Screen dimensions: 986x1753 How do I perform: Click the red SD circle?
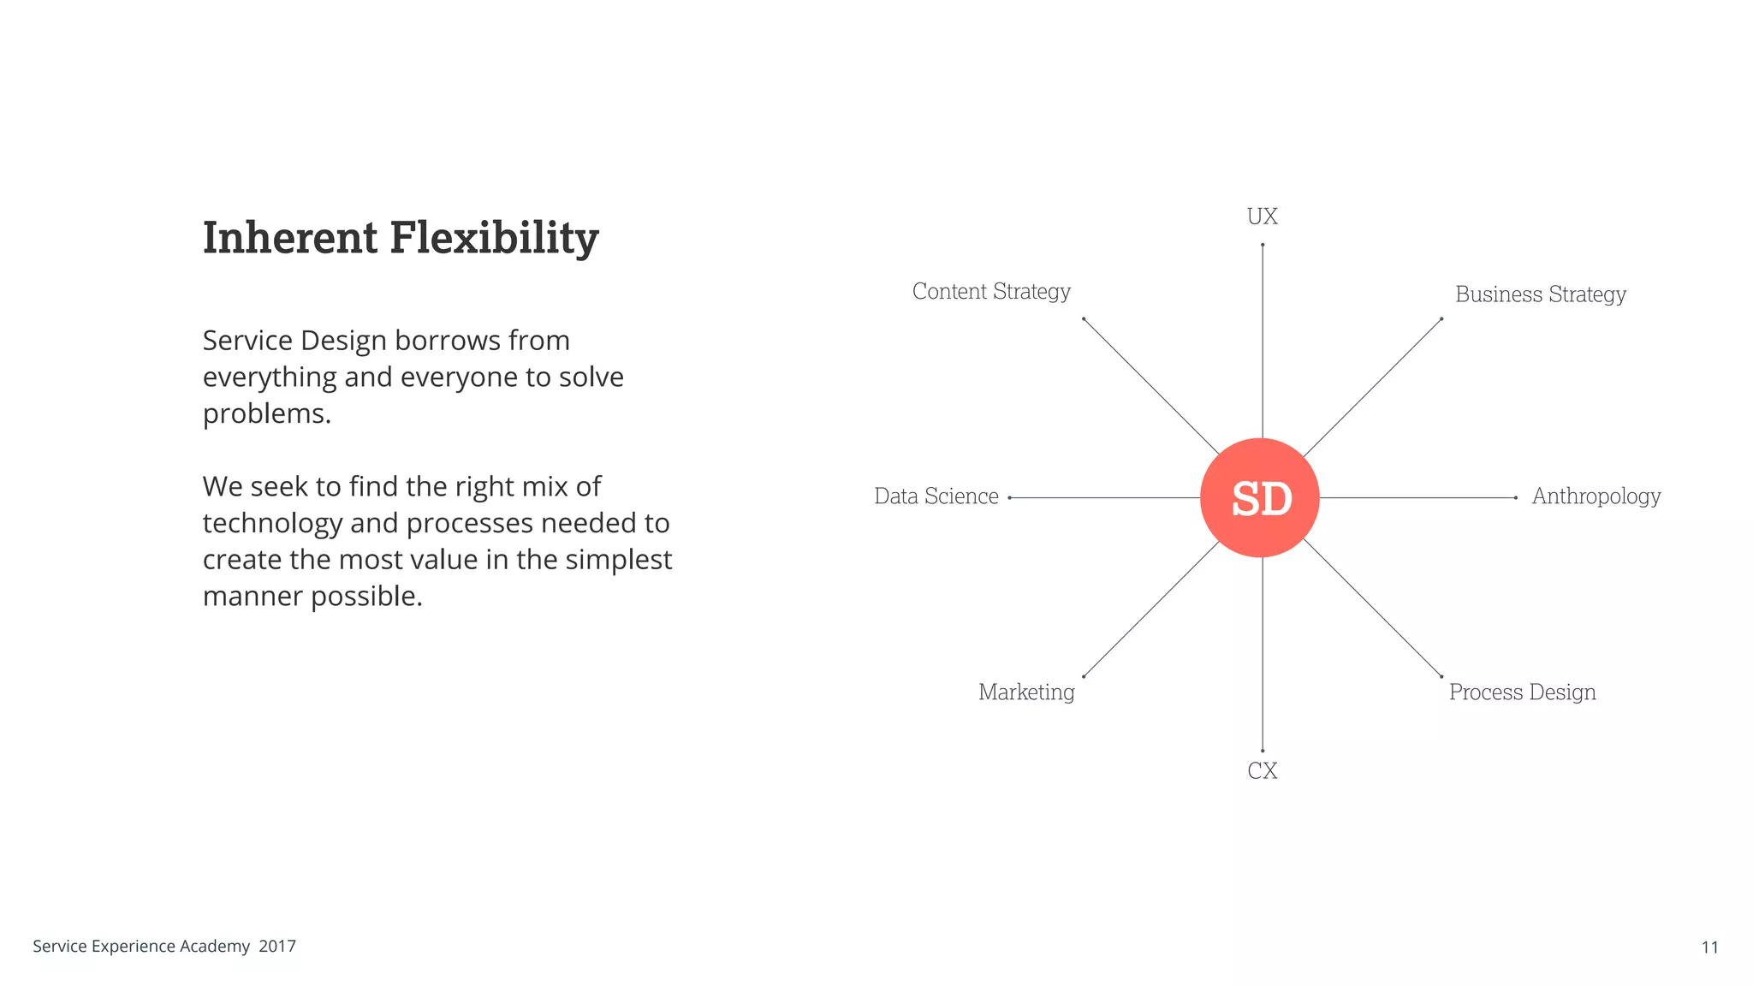tap(1259, 497)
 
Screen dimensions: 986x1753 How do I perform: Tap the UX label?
tap(1262, 217)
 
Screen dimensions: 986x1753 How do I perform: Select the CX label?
tap(1262, 771)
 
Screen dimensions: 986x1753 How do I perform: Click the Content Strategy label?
tap(991, 292)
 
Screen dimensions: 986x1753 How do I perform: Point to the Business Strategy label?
tap(1540, 294)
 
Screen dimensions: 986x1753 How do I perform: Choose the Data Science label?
tap(936, 496)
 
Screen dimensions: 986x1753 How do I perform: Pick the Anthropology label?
tap(1596, 496)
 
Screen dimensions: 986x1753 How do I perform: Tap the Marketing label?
tap(1026, 692)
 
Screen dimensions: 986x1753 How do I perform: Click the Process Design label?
tap(1522, 692)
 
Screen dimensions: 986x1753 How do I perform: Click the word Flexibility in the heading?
tap(494, 238)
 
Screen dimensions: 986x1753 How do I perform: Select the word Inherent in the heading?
tap(289, 238)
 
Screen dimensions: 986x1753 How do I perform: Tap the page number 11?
tap(1709, 947)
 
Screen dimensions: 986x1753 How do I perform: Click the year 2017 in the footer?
tap(277, 947)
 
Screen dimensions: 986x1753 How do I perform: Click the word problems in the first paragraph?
tap(265, 414)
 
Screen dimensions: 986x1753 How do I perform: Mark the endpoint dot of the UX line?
tap(1262, 245)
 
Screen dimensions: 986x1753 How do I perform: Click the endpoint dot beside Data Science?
tap(1010, 497)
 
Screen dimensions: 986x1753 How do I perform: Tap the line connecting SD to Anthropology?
tap(1417, 497)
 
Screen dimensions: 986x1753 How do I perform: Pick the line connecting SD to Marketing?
tap(1151, 609)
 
